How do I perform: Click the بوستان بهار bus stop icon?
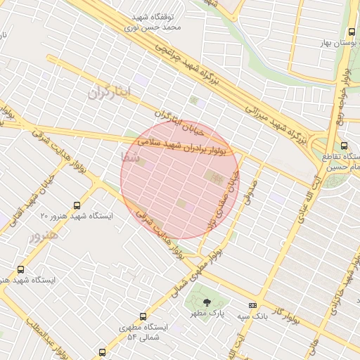(x=351, y=32)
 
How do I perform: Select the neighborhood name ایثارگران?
(x=110, y=93)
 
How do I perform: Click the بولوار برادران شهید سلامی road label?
(x=185, y=145)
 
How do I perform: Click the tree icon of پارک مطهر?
(x=206, y=302)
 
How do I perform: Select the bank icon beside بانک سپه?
(x=253, y=305)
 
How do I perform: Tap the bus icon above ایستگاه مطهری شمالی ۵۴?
(x=143, y=317)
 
